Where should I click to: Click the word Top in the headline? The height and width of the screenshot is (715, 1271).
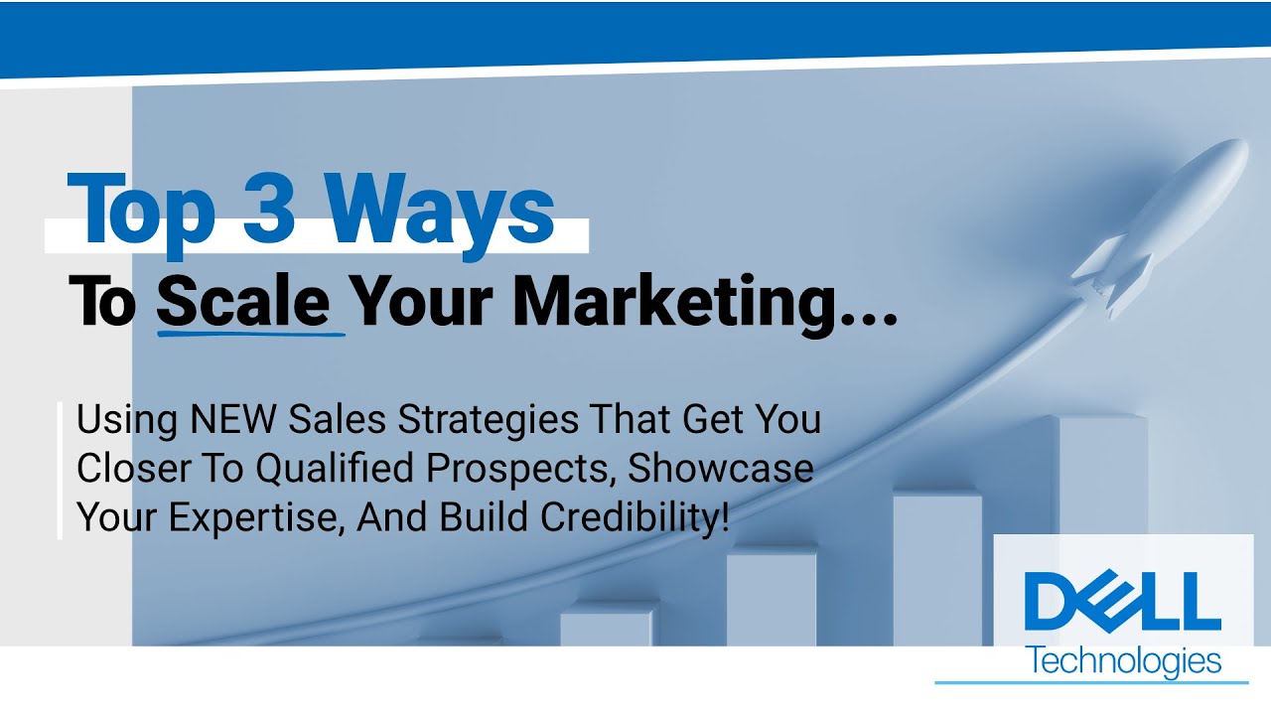(x=143, y=211)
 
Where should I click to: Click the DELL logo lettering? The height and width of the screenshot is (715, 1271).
(x=1122, y=601)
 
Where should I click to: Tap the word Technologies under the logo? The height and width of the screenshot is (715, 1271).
(x=1125, y=659)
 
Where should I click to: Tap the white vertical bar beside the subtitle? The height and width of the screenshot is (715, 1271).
(x=61, y=470)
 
